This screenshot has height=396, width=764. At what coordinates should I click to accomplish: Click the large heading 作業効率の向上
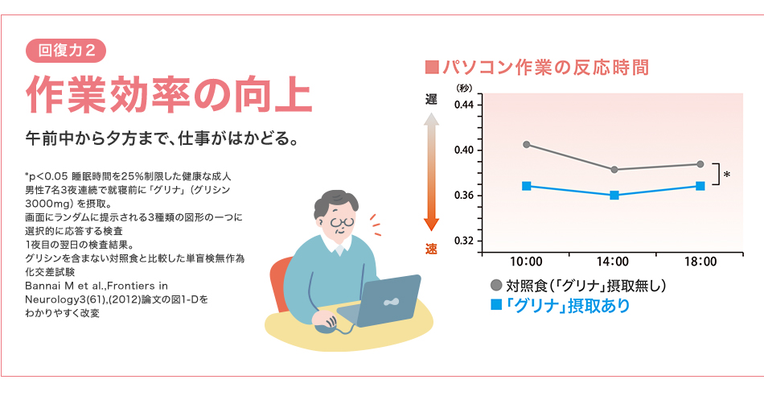pyautogui.click(x=169, y=95)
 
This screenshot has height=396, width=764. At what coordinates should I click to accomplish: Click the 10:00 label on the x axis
pyautogui.click(x=526, y=262)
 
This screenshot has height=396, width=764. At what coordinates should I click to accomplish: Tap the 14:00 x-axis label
pyautogui.click(x=614, y=262)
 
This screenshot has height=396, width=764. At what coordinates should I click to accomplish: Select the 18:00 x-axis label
pyautogui.click(x=700, y=262)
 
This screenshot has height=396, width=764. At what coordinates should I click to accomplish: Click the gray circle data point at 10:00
pyautogui.click(x=526, y=145)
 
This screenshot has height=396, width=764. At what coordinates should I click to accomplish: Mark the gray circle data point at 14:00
pyautogui.click(x=614, y=169)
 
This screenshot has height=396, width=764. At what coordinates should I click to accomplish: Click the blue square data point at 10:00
pyautogui.click(x=526, y=186)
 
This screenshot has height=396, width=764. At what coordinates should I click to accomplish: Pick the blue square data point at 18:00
pyautogui.click(x=700, y=186)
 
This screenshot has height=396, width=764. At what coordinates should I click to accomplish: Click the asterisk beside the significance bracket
pyautogui.click(x=727, y=175)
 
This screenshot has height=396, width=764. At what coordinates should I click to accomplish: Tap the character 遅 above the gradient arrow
pyautogui.click(x=432, y=100)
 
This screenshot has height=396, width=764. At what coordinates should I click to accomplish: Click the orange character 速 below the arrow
pyautogui.click(x=432, y=248)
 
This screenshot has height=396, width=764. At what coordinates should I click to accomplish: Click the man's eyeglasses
pyautogui.click(x=343, y=221)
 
